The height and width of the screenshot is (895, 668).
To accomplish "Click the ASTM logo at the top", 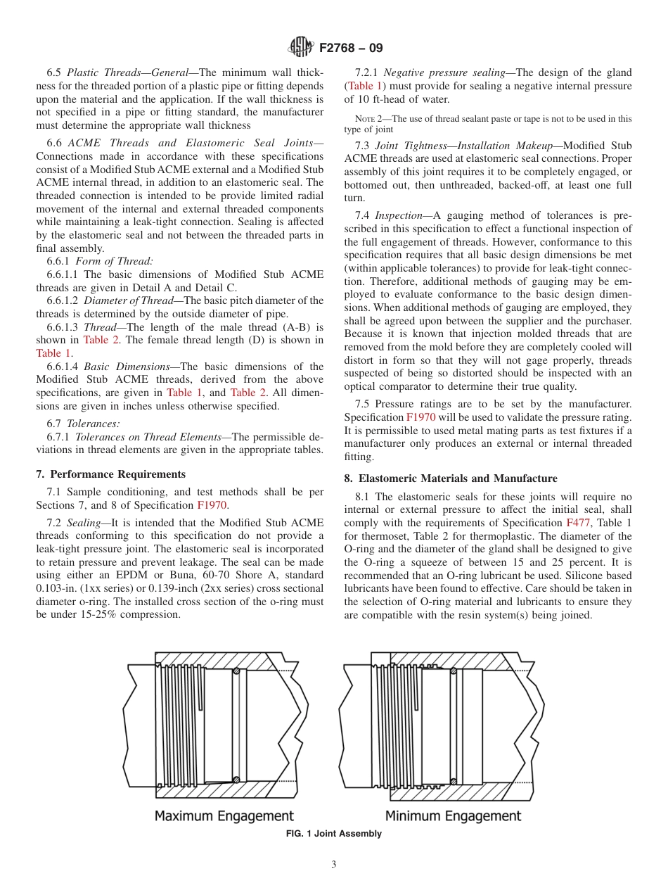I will pyautogui.click(x=300, y=47).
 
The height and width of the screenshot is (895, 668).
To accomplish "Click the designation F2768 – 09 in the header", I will pyautogui.click(x=350, y=48).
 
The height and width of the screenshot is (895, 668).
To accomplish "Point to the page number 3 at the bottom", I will pyautogui.click(x=334, y=865).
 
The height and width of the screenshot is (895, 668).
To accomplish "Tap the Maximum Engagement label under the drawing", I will pyautogui.click(x=224, y=816).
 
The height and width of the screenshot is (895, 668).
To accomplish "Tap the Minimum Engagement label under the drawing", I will pyautogui.click(x=453, y=816).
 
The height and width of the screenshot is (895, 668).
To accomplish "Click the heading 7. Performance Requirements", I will pyautogui.click(x=111, y=474).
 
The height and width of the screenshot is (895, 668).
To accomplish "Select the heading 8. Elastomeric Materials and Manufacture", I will pyautogui.click(x=451, y=478).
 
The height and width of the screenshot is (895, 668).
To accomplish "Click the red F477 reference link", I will pyautogui.click(x=574, y=523).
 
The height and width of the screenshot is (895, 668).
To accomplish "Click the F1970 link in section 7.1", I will pyautogui.click(x=212, y=505).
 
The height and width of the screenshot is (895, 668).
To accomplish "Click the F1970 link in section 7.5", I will pyautogui.click(x=420, y=417).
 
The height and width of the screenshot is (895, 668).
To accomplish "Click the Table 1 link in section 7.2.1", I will pyautogui.click(x=360, y=86).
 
